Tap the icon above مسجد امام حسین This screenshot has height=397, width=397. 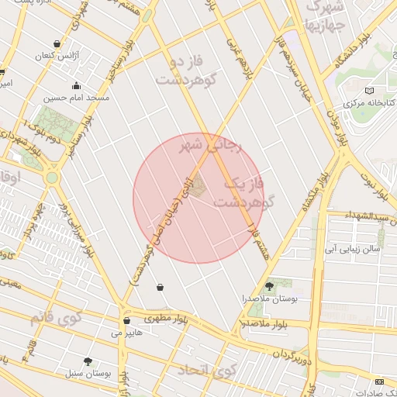pyautogui.click(x=76, y=86)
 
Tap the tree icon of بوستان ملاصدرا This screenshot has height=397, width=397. pyautogui.click(x=269, y=286)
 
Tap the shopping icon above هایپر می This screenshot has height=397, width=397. pyautogui.click(x=126, y=320)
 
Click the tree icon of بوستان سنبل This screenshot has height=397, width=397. pyautogui.click(x=87, y=361)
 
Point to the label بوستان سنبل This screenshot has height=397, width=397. pyautogui.click(x=89, y=373)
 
